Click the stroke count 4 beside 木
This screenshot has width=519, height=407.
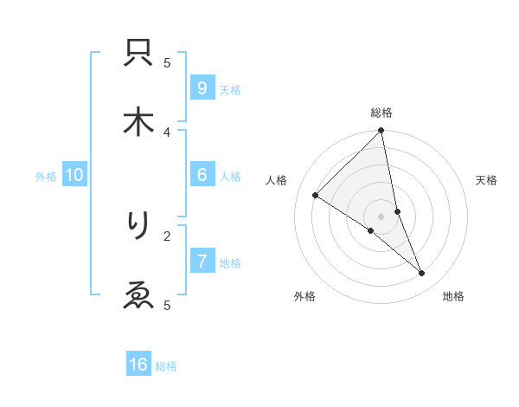tap(167, 132)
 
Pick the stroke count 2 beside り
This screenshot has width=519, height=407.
tap(167, 235)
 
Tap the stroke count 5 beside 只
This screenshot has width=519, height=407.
tap(167, 62)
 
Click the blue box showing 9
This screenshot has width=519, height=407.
tap(202, 88)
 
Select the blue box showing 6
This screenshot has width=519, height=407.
tap(202, 175)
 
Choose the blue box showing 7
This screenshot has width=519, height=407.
tap(202, 262)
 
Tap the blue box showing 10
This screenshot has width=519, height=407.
tap(74, 175)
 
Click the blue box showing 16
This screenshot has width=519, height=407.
tap(138, 365)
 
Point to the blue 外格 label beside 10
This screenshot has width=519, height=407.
tap(46, 177)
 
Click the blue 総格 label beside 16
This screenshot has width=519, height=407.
tap(166, 366)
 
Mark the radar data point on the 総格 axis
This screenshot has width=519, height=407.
tap(381, 132)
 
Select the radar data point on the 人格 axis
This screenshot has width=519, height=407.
tap(315, 195)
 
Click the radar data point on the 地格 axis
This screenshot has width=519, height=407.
tap(422, 274)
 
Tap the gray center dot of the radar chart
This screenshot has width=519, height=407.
tap(381, 216)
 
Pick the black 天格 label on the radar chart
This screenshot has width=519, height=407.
tap(487, 180)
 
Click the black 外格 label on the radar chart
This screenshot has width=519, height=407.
tap(304, 296)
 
